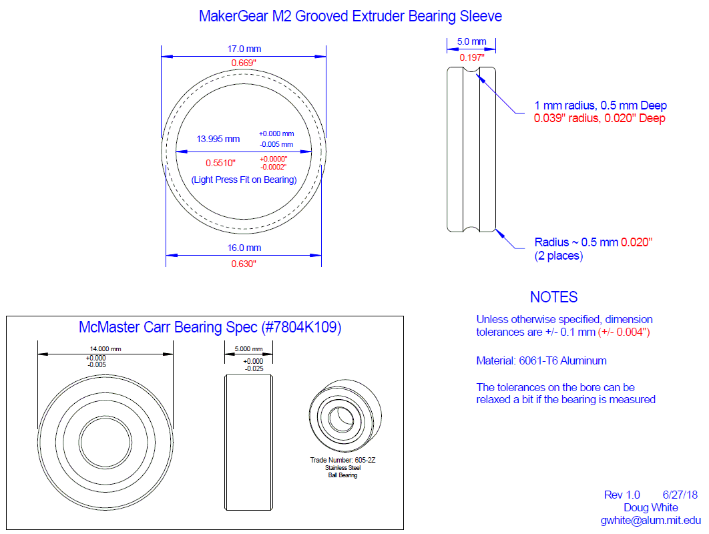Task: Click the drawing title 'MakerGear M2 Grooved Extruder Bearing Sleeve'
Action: click(350, 15)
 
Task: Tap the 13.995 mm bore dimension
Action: click(218, 140)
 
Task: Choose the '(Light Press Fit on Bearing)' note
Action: click(244, 180)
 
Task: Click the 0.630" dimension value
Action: click(244, 264)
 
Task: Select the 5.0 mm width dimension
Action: click(471, 41)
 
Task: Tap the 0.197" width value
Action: click(471, 57)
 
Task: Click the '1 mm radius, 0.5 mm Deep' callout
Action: click(600, 105)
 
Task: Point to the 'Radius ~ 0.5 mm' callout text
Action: click(577, 242)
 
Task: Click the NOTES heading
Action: click(553, 297)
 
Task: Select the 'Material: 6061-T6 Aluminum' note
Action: click(541, 360)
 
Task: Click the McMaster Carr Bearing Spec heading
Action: click(210, 328)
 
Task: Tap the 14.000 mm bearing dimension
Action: click(105, 348)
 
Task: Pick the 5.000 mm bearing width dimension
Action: click(248, 348)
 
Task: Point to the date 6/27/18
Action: click(680, 495)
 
